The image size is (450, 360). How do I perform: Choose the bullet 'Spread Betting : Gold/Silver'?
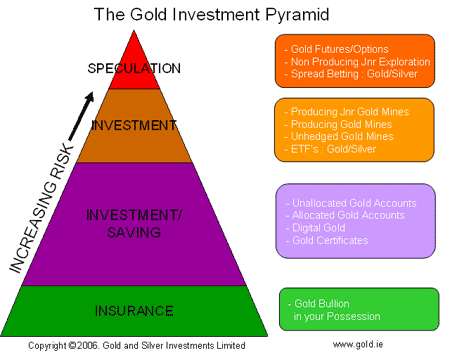coord(354,74)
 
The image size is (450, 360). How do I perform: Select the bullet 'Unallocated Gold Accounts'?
coord(351,203)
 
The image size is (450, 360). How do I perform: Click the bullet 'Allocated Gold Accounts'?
coord(346,216)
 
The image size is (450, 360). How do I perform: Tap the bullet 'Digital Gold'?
coord(318,228)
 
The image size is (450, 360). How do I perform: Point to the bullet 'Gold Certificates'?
coord(329,241)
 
